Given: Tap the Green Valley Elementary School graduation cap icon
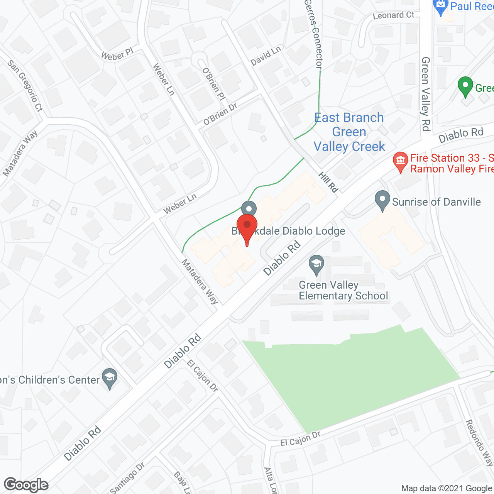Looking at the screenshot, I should pyautogui.click(x=316, y=265).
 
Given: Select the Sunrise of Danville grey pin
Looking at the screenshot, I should pyautogui.click(x=382, y=200).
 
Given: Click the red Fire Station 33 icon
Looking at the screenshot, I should pyautogui.click(x=401, y=161).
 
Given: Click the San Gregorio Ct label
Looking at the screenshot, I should pyautogui.click(x=25, y=86).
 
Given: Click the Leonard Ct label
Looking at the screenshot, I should pyautogui.click(x=393, y=15).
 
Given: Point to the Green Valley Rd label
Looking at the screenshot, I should pyautogui.click(x=426, y=94).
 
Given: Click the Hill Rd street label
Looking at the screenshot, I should pyautogui.click(x=328, y=182).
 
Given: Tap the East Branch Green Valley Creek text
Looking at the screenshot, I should pyautogui.click(x=349, y=132).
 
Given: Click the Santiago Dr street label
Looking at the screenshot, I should pyautogui.click(x=127, y=478).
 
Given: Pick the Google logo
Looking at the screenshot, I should pyautogui.click(x=26, y=485).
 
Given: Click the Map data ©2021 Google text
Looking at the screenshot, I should pyautogui.click(x=447, y=489).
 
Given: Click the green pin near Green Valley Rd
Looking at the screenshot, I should pyautogui.click(x=465, y=87).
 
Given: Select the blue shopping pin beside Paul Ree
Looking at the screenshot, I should pyautogui.click(x=440, y=7).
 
